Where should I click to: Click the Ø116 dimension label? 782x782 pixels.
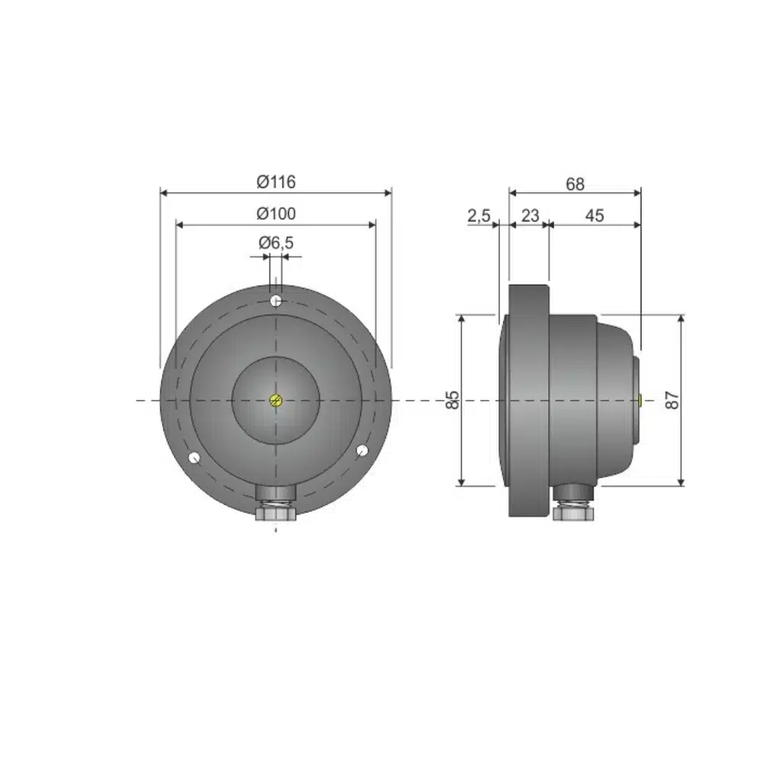pos(276,182)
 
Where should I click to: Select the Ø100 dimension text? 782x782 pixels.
pos(276,214)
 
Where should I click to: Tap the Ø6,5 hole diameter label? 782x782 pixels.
pos(276,243)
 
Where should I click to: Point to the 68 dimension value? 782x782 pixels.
pos(575,185)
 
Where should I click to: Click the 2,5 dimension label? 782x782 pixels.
pos(479,216)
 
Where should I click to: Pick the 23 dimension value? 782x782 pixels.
pos(530,215)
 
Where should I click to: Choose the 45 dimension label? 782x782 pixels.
pos(594,215)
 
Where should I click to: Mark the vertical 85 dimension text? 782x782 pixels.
pos(452,400)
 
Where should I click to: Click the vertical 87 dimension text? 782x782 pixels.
pos(672,400)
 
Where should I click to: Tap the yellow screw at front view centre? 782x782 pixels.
pos(276,400)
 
